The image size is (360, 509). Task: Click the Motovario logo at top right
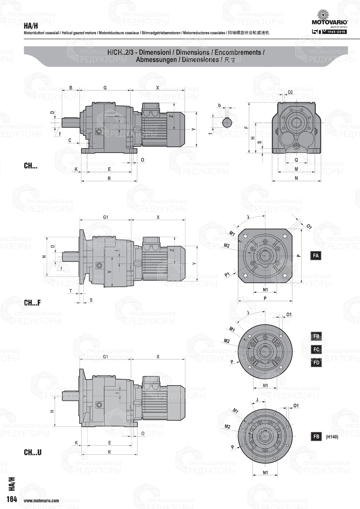point(329,18)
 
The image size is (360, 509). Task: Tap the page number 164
point(12,499)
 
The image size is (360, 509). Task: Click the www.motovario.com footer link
point(41,501)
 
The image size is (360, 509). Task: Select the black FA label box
point(316,256)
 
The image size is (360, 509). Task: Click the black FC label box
point(316,350)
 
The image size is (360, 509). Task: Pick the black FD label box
point(316,362)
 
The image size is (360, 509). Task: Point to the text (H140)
point(332,437)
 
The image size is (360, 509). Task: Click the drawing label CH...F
point(32,303)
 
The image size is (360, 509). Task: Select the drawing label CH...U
point(32,452)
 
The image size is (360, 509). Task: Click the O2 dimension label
point(290,92)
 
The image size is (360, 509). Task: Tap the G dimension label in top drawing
point(105,88)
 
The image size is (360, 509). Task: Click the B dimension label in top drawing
point(71,88)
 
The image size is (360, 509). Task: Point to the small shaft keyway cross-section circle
point(227,122)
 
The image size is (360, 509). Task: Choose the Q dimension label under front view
point(296,159)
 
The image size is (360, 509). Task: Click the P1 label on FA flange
point(227,275)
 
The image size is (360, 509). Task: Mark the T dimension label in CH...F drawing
point(71,291)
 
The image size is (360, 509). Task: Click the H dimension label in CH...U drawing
point(52,411)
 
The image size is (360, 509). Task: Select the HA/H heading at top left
point(31,26)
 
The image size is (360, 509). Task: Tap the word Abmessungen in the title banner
point(156,60)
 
